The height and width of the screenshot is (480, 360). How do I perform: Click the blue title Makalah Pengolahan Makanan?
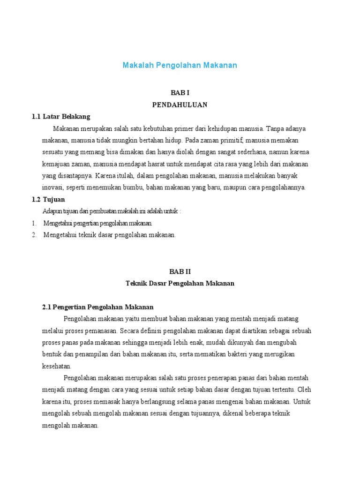pyautogui.click(x=180, y=65)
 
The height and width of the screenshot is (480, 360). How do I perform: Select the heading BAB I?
pyautogui.click(x=180, y=93)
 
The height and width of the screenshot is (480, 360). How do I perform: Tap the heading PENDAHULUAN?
pyautogui.click(x=180, y=105)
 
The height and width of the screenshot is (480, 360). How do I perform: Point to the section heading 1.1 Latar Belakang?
pyautogui.click(x=61, y=116)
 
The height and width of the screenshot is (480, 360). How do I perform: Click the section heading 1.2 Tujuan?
pyautogui.click(x=48, y=199)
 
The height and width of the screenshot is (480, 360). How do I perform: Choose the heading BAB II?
pyautogui.click(x=180, y=271)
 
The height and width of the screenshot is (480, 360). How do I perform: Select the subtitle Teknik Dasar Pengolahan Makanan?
pyautogui.click(x=180, y=283)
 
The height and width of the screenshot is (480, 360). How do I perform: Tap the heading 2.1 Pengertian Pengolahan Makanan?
pyautogui.click(x=98, y=307)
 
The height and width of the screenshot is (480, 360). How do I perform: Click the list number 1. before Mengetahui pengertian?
pyautogui.click(x=34, y=223)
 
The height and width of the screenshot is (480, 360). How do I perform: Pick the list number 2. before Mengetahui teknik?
pyautogui.click(x=34, y=235)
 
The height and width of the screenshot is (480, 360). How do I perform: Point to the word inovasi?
pyautogui.click(x=53, y=187)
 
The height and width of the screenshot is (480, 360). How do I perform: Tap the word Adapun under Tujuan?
pyautogui.click(x=52, y=211)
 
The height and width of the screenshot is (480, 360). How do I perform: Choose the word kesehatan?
pyautogui.click(x=57, y=366)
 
